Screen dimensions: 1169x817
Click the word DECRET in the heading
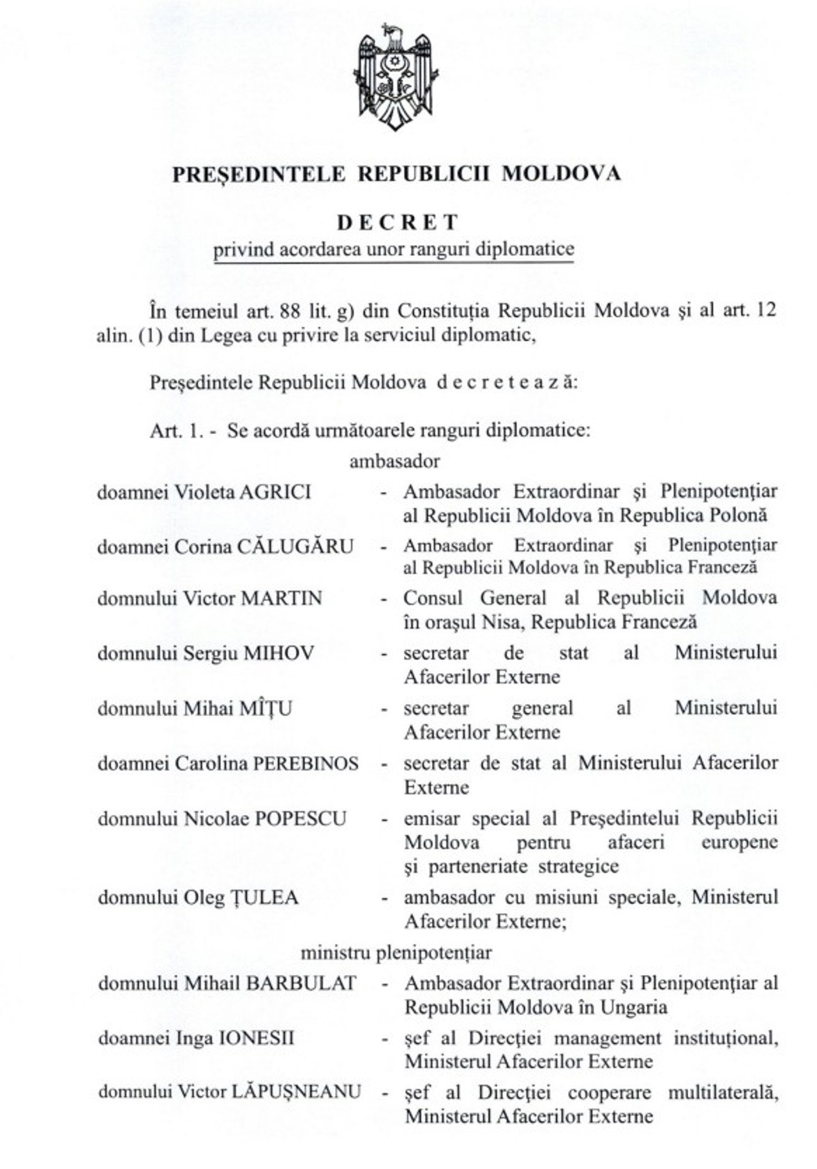click(398, 222)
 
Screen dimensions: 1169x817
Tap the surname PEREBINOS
click(306, 764)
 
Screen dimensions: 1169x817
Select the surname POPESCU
click(301, 819)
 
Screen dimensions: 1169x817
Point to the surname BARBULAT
click(301, 983)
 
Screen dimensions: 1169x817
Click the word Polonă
click(737, 515)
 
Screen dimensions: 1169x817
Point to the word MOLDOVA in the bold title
click(561, 174)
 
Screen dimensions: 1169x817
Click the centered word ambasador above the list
click(394, 461)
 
